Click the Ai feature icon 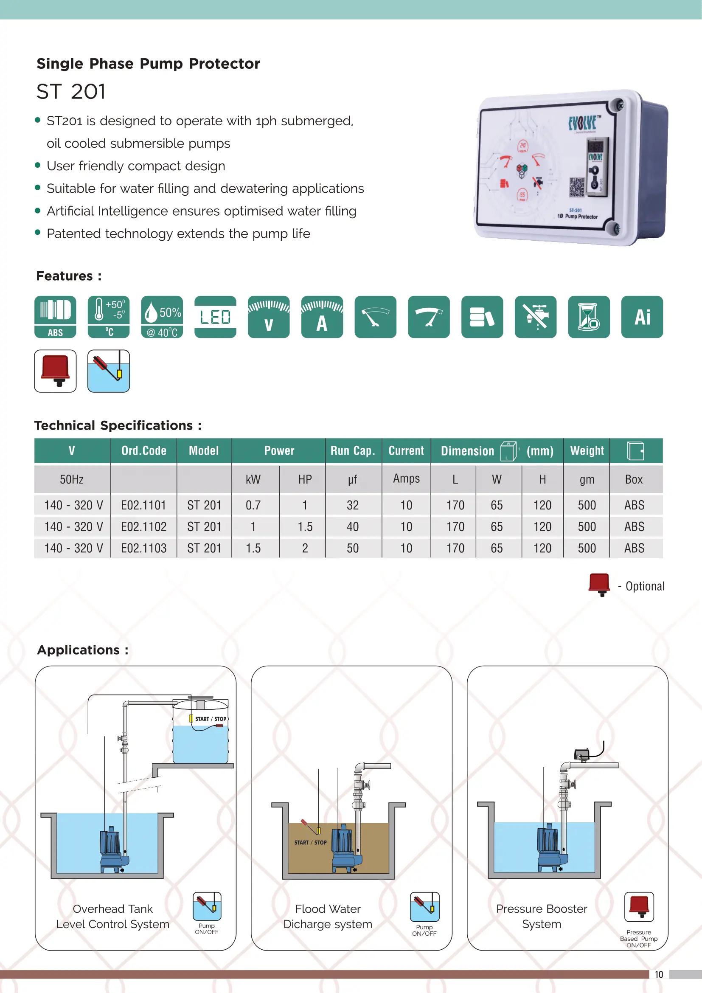(642, 317)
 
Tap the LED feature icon (215, 317)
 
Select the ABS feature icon (55, 317)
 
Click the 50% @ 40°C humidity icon (162, 317)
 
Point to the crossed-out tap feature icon (536, 317)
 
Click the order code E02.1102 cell (143, 527)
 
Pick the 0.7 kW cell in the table (253, 505)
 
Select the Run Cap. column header (353, 451)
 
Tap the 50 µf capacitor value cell (353, 549)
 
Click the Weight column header (587, 451)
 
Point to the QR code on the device (577, 187)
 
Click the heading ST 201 (71, 92)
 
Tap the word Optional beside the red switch (645, 586)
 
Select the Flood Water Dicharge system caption (328, 917)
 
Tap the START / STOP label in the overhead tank (211, 719)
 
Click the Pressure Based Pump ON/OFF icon (639, 907)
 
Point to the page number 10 (659, 974)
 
